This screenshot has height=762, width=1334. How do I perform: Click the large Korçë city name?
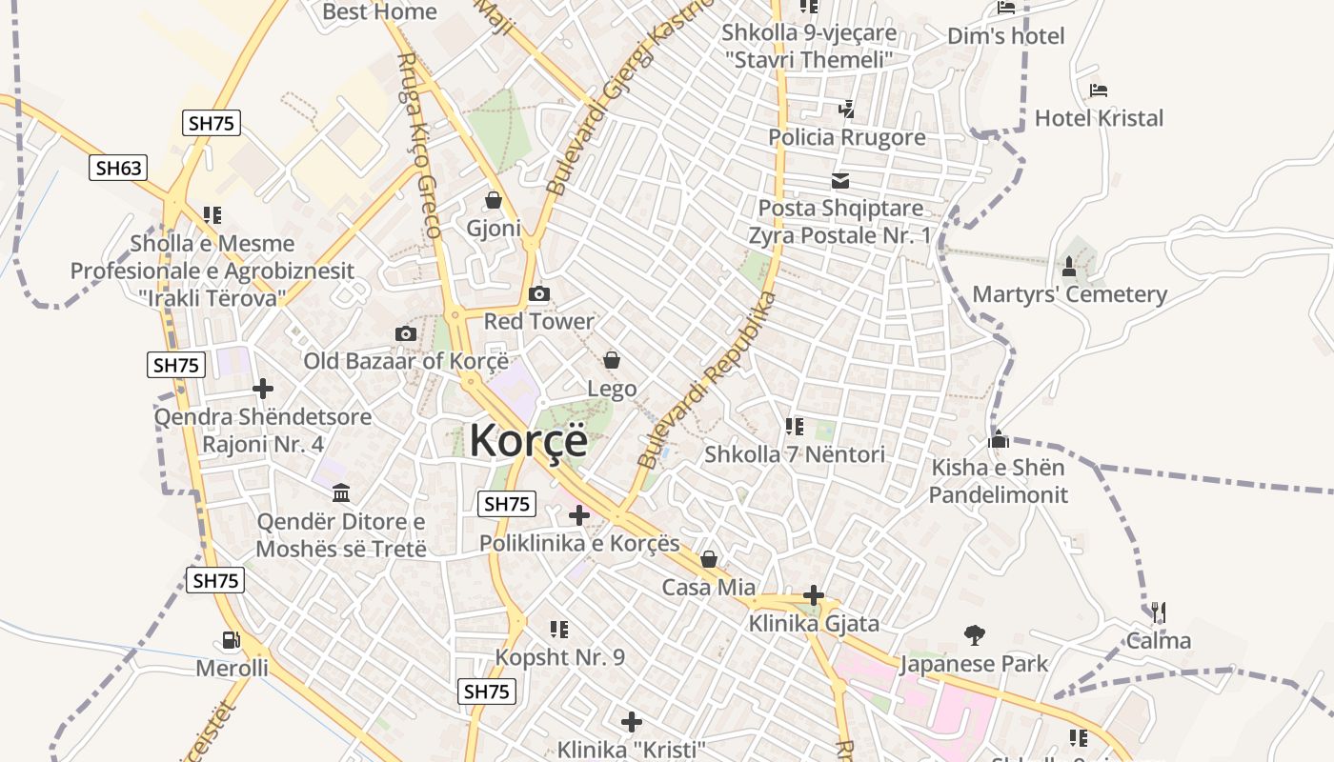click(528, 441)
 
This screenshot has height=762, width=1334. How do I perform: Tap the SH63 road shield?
click(119, 169)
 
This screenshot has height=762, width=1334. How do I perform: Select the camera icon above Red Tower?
click(538, 293)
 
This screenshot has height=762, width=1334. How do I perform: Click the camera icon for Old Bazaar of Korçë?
click(406, 333)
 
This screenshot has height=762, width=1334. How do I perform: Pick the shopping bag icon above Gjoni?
click(494, 200)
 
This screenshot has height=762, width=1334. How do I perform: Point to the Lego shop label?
click(612, 389)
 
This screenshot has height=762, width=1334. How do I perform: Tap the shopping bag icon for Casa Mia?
click(709, 559)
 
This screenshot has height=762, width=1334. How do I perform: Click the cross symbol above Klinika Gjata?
click(813, 596)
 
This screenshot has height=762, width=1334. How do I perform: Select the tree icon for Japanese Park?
click(974, 634)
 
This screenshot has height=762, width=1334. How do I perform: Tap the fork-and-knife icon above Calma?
click(1159, 612)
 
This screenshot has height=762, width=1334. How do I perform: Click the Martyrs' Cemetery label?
click(1069, 294)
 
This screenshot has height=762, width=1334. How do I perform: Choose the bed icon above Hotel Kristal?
click(1099, 91)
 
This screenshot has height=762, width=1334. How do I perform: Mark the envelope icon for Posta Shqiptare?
click(840, 180)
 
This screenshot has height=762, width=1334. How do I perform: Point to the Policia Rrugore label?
click(847, 137)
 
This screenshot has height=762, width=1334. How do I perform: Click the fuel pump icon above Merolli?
click(231, 640)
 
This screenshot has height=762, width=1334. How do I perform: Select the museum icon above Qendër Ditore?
click(340, 493)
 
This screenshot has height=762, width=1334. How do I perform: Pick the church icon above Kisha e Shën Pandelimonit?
click(999, 440)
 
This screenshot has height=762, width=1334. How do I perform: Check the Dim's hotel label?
click(1005, 36)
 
